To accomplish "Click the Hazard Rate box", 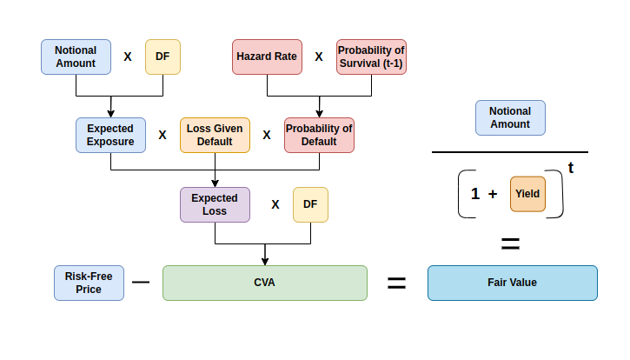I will click(x=267, y=57).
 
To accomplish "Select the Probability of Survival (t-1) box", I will click(x=371, y=57).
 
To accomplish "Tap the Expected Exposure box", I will click(x=110, y=135).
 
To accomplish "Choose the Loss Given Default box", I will click(x=215, y=135).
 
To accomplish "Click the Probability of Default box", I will click(x=319, y=135).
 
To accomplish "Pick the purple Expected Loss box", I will click(x=215, y=204).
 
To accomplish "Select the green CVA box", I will click(x=265, y=283).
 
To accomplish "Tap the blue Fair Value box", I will click(x=513, y=283).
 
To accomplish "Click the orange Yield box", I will click(x=527, y=194).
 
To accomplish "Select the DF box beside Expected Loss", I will click(x=310, y=204).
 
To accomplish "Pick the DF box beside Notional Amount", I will click(x=162, y=57).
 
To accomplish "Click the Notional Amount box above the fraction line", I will click(x=510, y=117).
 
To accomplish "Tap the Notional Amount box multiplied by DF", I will click(x=76, y=57).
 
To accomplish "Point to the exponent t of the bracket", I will click(x=571, y=167).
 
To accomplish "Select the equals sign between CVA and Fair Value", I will click(x=396, y=283).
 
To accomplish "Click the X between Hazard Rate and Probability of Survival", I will click(x=318, y=57).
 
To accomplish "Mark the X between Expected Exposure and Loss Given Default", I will click(x=162, y=135).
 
